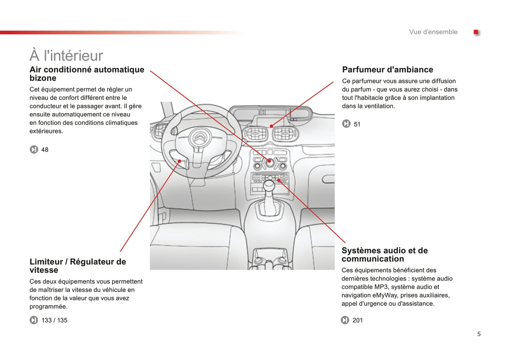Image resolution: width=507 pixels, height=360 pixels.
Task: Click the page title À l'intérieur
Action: [66, 55]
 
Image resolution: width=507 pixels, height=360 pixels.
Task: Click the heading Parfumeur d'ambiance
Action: [387, 69]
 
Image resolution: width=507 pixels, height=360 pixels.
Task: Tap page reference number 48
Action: [45, 150]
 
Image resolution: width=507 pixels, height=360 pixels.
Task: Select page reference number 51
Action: [357, 124]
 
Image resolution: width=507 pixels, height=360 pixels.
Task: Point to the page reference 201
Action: [358, 320]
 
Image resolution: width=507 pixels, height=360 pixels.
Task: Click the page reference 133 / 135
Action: [54, 320]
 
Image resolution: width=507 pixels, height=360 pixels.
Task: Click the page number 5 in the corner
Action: [479, 334]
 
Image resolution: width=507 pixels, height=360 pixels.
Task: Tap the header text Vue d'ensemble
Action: [433, 32]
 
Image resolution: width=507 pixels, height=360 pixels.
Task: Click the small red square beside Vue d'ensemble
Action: [476, 32]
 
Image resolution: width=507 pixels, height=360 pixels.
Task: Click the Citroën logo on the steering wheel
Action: [199, 138]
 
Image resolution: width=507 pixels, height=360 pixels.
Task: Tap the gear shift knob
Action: [269, 185]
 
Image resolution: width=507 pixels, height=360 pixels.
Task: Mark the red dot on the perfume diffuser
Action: [271, 126]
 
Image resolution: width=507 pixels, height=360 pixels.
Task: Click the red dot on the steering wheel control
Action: [180, 161]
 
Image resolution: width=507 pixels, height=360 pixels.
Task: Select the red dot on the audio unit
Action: [279, 180]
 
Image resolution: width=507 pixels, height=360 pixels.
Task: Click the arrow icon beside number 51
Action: [346, 124]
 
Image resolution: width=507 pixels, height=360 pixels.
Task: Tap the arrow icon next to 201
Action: [345, 320]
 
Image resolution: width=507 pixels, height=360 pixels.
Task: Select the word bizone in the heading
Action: [43, 78]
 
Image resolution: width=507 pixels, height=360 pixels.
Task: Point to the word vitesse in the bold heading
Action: [44, 270]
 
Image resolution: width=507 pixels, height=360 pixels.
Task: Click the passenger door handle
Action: [328, 179]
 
